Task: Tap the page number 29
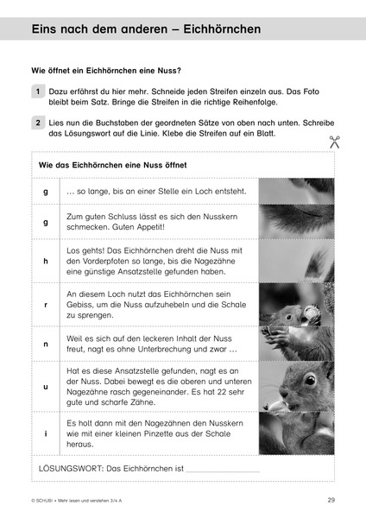[331, 500]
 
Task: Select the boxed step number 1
[39, 90]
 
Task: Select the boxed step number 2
[39, 123]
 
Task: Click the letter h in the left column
[45, 262]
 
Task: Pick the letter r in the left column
[45, 305]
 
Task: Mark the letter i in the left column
[45, 432]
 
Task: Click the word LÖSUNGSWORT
[70, 468]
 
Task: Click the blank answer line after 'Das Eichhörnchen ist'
[223, 470]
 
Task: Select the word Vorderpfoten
[108, 262]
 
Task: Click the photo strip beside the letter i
[296, 432]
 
